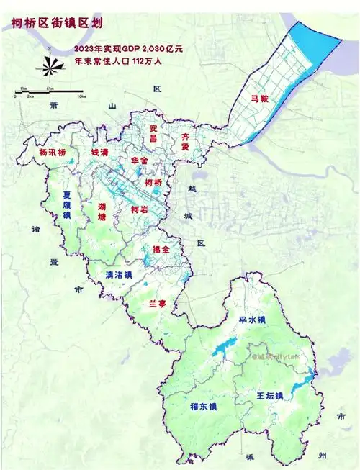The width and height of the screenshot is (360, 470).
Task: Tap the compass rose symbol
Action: pos(47,65)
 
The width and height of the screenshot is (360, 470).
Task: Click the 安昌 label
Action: pos(153,133)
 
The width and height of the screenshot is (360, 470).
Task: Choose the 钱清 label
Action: pos(99,153)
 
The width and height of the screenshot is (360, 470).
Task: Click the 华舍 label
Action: pos(140,161)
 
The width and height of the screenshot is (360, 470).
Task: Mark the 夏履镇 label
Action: pos(67,204)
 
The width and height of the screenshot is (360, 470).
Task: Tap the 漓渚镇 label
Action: pos(119,274)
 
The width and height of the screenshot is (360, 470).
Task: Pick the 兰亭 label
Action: pos(157,304)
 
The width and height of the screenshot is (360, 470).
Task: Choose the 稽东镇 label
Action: pos(204,406)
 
